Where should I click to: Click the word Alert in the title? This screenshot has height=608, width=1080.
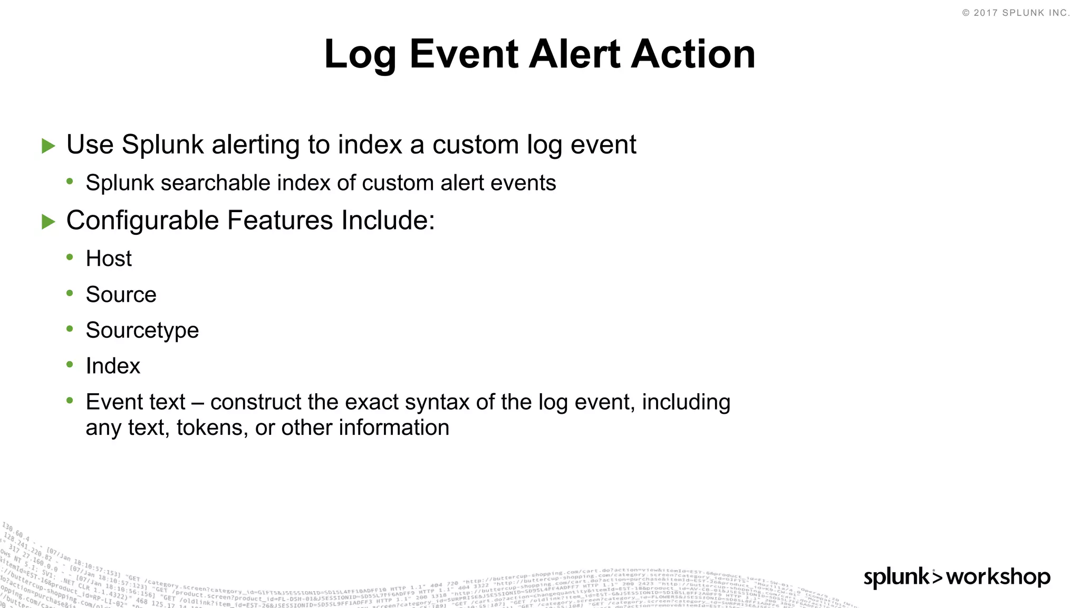[x=574, y=54]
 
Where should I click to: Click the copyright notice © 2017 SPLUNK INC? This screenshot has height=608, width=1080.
[x=1016, y=13]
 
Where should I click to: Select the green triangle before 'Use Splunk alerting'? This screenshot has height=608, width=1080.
[x=49, y=146]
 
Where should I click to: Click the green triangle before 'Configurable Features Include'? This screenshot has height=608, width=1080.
[x=49, y=222]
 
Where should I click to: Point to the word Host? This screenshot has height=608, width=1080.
[x=109, y=259]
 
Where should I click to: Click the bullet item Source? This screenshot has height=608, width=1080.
[x=121, y=294]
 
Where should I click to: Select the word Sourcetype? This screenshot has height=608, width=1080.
[x=142, y=330]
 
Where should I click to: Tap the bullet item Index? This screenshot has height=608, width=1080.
[x=113, y=366]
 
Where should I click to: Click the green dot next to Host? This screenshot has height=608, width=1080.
[x=70, y=257]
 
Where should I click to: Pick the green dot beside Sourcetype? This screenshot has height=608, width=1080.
[x=70, y=329]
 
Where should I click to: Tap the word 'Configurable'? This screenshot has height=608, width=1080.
[x=142, y=221]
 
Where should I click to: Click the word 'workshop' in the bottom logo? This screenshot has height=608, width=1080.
[x=998, y=576]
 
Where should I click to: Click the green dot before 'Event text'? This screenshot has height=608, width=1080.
[x=70, y=401]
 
